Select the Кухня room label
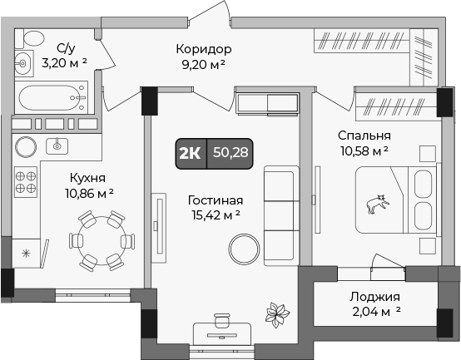[87, 177]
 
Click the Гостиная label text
[215, 200]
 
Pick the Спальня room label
[364, 135]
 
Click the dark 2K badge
[190, 152]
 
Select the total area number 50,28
[230, 152]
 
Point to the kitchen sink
[57, 145]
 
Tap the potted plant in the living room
[276, 316]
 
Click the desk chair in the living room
[221, 320]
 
